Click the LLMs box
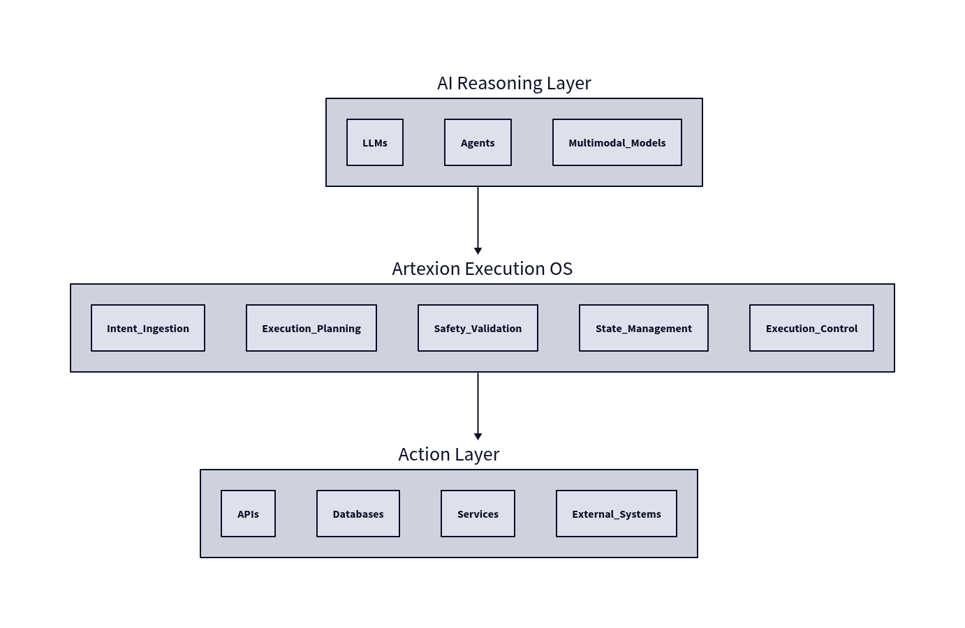(375, 142)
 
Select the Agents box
(478, 142)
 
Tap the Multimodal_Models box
(617, 142)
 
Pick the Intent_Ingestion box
(148, 328)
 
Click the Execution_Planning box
(311, 328)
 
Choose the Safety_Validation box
(478, 328)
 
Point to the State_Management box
(643, 328)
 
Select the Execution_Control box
(811, 328)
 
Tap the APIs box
(248, 514)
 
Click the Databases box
(358, 514)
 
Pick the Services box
(478, 514)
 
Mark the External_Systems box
(617, 514)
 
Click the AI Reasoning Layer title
(514, 83)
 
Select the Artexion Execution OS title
(482, 269)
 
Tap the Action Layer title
(449, 454)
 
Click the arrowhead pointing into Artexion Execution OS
(478, 251)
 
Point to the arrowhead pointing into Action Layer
(478, 436)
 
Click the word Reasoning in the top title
(499, 83)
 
